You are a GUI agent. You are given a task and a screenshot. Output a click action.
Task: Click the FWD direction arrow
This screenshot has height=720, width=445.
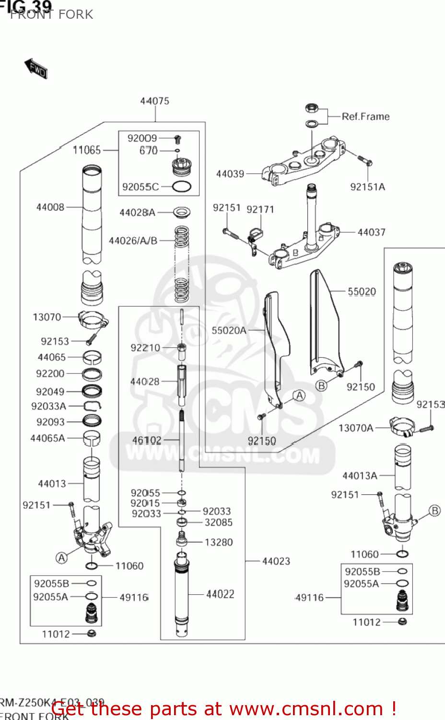36,69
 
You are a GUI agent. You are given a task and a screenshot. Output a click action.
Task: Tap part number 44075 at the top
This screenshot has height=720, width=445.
154,101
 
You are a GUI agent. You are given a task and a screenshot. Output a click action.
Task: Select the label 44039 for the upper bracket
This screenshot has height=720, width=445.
230,174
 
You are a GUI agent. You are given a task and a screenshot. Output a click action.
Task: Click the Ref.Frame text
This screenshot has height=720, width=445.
365,117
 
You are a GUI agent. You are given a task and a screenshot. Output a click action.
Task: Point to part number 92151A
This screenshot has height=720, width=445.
367,187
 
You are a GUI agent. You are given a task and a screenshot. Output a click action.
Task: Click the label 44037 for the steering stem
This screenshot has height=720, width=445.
371,232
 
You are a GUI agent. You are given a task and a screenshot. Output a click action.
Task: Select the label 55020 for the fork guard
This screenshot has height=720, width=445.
362,292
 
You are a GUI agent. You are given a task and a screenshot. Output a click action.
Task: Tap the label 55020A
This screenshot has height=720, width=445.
229,330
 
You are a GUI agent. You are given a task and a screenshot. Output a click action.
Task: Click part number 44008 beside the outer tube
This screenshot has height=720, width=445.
50,207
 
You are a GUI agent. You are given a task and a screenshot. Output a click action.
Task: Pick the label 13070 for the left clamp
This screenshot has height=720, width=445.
47,317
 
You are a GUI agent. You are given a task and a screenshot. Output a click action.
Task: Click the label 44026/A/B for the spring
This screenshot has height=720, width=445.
133,241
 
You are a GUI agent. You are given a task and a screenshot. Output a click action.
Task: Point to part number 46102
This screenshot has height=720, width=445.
147,440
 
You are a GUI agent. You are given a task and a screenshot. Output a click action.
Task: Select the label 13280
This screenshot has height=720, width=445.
219,542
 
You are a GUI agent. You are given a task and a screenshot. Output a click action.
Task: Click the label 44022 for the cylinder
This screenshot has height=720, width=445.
220,594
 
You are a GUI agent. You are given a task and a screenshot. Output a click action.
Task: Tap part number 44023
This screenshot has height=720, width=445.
276,561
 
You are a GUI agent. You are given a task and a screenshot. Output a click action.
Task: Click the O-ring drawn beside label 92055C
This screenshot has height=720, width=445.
181,187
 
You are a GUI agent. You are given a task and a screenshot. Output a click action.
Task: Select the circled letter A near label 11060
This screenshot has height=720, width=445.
61,558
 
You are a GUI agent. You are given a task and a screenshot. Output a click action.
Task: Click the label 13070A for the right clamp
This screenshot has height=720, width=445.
355,428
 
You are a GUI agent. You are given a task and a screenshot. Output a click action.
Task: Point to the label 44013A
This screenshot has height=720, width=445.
360,476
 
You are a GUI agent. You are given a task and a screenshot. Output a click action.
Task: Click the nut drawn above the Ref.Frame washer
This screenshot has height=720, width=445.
312,108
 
